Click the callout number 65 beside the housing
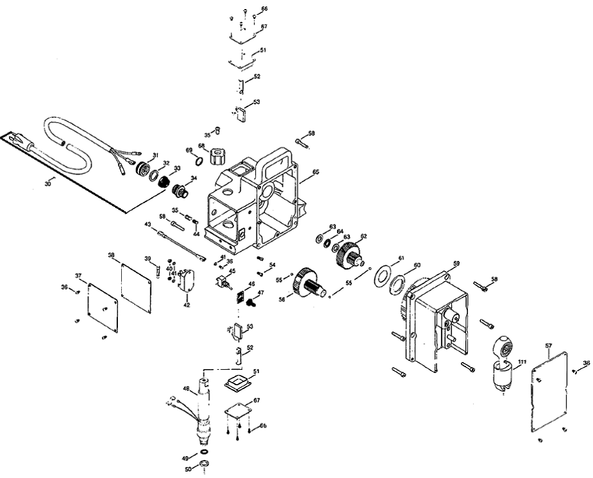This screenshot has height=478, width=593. click(316, 173)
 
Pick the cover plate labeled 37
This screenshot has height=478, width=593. click(103, 308)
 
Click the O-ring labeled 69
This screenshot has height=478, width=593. click(200, 160)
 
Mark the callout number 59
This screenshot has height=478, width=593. click(456, 263)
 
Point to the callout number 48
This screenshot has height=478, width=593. click(186, 388)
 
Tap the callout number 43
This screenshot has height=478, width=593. click(148, 224)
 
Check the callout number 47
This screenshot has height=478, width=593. click(260, 293)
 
